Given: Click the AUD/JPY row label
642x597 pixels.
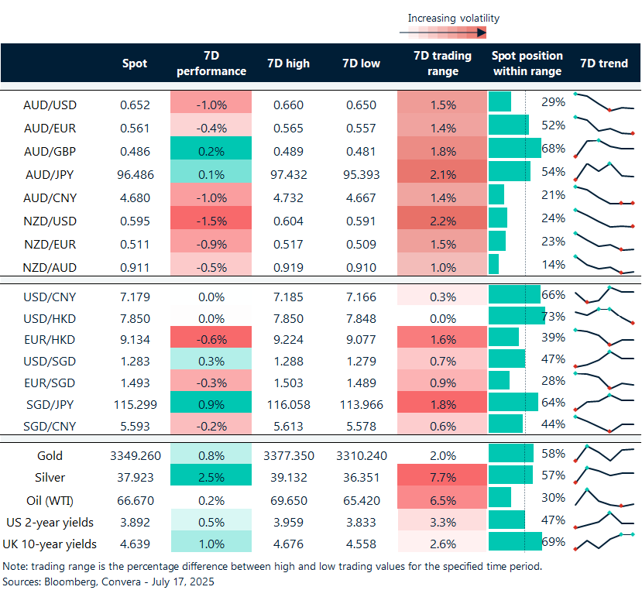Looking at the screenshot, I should coord(50,175).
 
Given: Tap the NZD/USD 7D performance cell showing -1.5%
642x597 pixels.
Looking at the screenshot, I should coord(211,221).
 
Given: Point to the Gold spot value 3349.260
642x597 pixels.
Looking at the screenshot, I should coord(135,455).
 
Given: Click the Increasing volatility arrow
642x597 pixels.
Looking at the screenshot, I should coord(442,33).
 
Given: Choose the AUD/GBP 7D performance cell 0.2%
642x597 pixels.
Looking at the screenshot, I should coord(211,151).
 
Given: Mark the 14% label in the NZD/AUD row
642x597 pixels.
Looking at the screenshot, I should coord(553,265).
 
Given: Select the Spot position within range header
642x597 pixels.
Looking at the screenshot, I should coord(527,63).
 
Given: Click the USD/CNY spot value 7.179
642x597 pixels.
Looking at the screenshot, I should coord(135,297).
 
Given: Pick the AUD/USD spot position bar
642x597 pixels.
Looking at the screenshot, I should coord(500,102).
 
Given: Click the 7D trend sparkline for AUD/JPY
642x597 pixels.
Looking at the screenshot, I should coord(604,172).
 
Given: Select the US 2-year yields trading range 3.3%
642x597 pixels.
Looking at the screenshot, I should coord(443,523).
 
